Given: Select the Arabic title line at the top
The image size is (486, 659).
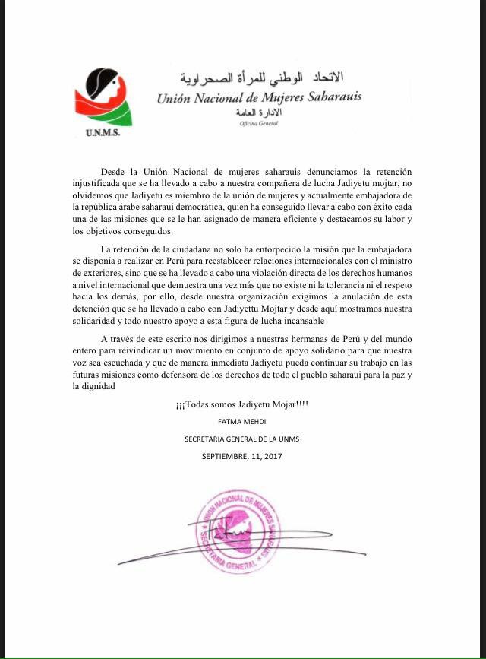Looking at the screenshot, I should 261,78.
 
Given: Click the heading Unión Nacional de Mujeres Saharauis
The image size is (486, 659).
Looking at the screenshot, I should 259,97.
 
